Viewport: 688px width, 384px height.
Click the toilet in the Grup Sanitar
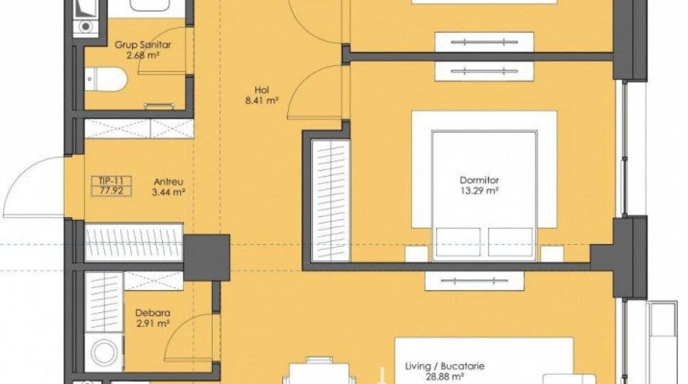point(106,79)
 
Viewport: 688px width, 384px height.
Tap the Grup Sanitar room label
point(142,45)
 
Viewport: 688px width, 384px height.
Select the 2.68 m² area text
point(142,55)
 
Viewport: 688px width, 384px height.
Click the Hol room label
point(262,90)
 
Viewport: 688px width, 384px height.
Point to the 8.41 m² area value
point(262,101)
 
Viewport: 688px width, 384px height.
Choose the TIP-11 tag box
point(111,186)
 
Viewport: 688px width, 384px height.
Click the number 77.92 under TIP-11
point(111,191)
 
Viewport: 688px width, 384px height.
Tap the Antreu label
point(169,182)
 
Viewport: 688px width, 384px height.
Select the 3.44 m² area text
point(169,192)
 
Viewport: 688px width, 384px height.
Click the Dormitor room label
point(479,180)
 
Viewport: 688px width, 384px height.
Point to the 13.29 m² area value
point(479,191)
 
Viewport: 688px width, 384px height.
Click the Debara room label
point(153,313)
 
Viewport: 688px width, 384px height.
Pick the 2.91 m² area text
point(153,324)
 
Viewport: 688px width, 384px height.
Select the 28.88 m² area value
point(445,377)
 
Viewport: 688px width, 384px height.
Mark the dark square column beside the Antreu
point(206,258)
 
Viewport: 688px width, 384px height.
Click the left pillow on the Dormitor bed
point(458,242)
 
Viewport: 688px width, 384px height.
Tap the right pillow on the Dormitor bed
point(510,242)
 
